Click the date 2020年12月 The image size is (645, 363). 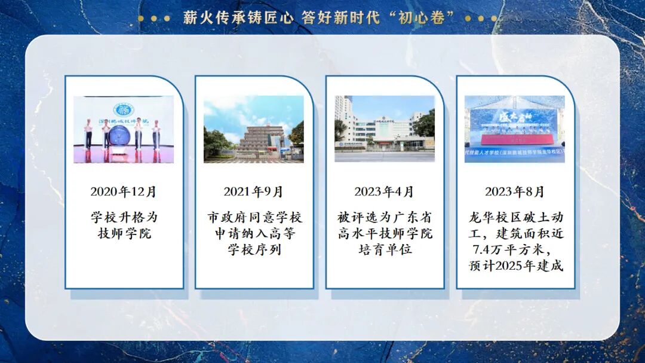pos(124,192)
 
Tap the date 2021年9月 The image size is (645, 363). pos(254,192)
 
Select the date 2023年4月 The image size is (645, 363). pos(384,192)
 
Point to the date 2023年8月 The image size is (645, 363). pos(515,192)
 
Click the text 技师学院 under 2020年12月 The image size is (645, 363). pos(124,233)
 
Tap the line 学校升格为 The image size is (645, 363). pos(124,217)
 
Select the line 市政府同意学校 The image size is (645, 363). pos(254,217)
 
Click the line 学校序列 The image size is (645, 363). pos(254,249)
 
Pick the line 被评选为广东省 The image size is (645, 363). pos(385,217)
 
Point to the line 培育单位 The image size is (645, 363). pos(385,249)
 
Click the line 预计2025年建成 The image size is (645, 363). pos(515,266)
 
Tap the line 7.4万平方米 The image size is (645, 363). pos(515,249)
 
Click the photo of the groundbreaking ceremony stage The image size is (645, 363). pos(515,129)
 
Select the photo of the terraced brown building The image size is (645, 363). pos(254,129)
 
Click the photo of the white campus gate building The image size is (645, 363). pos(384,129)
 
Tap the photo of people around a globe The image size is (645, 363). pos(124,129)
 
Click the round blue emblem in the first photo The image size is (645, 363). pos(124,110)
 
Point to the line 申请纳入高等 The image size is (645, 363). pos(254,233)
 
